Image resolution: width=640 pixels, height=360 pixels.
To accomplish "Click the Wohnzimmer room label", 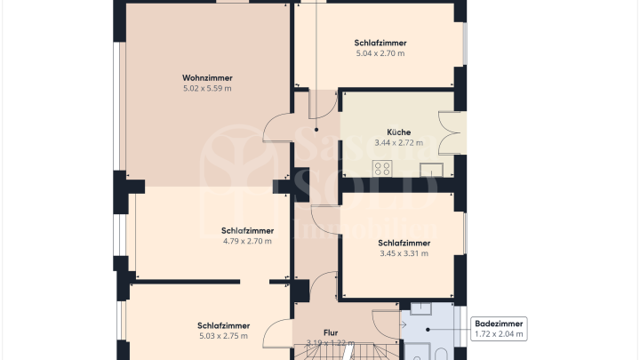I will tap(207, 78).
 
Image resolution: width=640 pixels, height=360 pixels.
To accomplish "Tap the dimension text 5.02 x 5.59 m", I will tap(207, 89).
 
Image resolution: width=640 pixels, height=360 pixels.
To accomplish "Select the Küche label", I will tap(398, 132).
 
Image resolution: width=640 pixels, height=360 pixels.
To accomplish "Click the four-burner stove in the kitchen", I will tap(383, 167).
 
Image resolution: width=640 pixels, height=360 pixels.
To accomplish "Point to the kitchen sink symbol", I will tap(436, 169).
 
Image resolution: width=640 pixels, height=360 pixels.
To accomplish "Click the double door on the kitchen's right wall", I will tap(453, 133).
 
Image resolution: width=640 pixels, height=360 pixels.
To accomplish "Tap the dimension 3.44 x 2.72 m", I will tap(398, 143).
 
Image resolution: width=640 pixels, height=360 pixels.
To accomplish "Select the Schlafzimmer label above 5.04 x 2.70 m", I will tap(380, 43).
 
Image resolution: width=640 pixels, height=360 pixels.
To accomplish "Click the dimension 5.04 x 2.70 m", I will tap(380, 53).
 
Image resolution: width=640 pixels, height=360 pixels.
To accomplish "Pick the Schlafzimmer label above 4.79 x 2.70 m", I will tap(247, 230).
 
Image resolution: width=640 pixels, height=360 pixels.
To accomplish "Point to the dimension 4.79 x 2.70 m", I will tap(247, 241).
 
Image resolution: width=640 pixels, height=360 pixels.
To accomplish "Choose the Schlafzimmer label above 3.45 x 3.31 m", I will tap(404, 243).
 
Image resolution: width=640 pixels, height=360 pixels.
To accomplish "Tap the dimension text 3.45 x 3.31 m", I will tap(404, 253).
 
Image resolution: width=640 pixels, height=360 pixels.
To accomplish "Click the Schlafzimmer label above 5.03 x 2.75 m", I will tap(223, 325).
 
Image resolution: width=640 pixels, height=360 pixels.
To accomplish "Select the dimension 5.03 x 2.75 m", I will tap(223, 336).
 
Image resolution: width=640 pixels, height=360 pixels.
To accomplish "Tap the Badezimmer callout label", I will tap(499, 324).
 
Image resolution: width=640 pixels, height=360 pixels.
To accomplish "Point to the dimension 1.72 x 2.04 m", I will tap(499, 334).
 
